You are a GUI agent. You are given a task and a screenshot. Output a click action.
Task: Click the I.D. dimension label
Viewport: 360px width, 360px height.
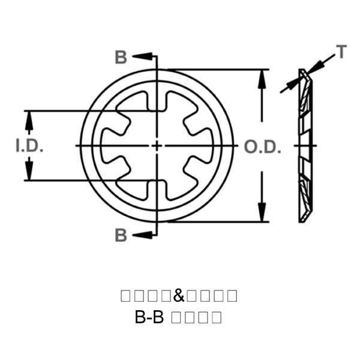29,146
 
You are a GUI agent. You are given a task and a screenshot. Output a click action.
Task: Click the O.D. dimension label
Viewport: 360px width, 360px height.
262,146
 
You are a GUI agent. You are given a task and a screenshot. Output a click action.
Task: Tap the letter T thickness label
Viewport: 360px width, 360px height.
341,53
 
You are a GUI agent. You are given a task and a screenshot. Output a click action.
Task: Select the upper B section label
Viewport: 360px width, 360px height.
121,58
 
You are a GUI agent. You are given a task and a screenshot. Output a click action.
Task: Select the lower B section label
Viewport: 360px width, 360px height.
121,235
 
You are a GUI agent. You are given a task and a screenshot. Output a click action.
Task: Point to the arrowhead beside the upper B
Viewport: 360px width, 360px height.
142,57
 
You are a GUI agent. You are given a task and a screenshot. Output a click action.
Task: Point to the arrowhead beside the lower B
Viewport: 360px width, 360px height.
142,235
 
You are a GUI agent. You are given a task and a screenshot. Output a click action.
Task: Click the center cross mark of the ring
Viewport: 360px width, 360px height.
156,146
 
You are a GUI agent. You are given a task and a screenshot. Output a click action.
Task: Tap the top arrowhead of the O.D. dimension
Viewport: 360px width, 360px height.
262,78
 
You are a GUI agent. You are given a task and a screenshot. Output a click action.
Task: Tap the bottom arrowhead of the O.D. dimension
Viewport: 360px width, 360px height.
262,214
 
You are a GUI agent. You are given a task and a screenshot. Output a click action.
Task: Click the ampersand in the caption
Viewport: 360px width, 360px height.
178,296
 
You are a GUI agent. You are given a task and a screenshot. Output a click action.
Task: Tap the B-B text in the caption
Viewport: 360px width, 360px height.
150,317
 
